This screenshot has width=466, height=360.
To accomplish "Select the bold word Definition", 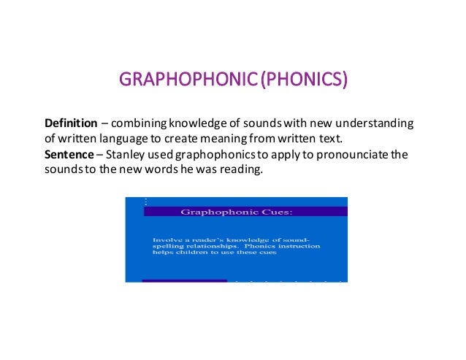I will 71,122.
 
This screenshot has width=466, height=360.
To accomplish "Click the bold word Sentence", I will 69,155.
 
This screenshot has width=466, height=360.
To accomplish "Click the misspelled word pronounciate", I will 339,155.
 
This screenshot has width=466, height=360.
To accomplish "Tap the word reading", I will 240,171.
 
